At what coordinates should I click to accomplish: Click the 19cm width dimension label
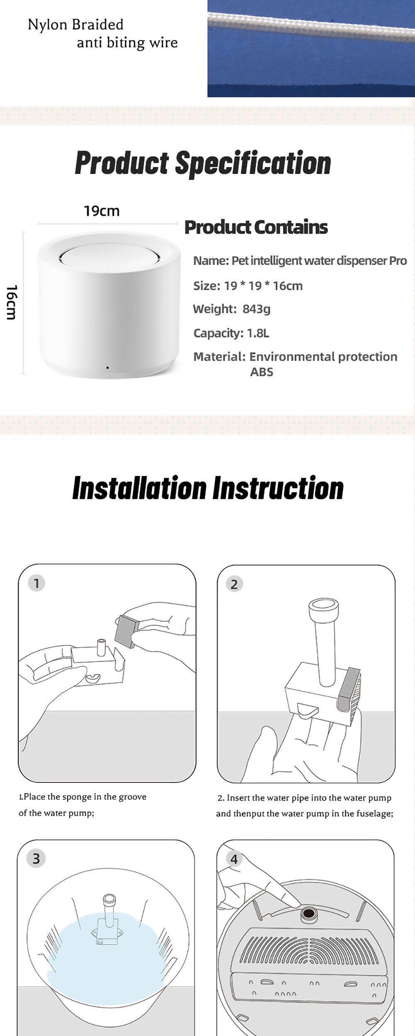pyautogui.click(x=102, y=211)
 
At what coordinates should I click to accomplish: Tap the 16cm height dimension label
pyautogui.click(x=12, y=302)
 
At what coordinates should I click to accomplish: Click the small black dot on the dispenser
pyautogui.click(x=107, y=368)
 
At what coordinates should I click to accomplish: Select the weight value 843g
pyautogui.click(x=256, y=309)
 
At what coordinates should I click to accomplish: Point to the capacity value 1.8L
pyautogui.click(x=258, y=333)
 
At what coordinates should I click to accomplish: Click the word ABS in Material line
pyautogui.click(x=261, y=372)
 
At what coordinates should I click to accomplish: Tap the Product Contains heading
pyautogui.click(x=256, y=227)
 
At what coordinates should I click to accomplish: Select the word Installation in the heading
pyautogui.click(x=139, y=488)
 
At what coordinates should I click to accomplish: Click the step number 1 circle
pyautogui.click(x=37, y=583)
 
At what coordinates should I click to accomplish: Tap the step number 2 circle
pyautogui.click(x=234, y=584)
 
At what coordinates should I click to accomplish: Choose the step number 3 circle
pyautogui.click(x=36, y=858)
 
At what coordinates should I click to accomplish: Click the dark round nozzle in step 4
pyautogui.click(x=309, y=913)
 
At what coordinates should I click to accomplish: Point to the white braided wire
pyautogui.click(x=311, y=26)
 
